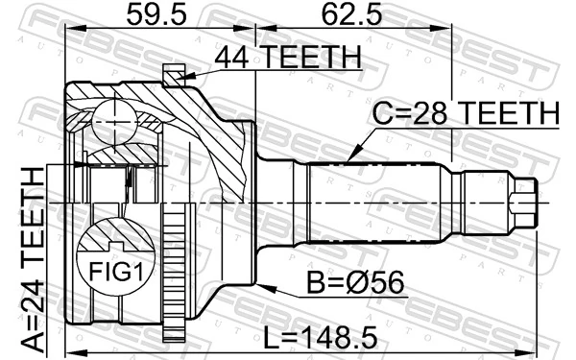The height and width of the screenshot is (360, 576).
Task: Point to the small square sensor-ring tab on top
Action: tap(173, 73)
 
